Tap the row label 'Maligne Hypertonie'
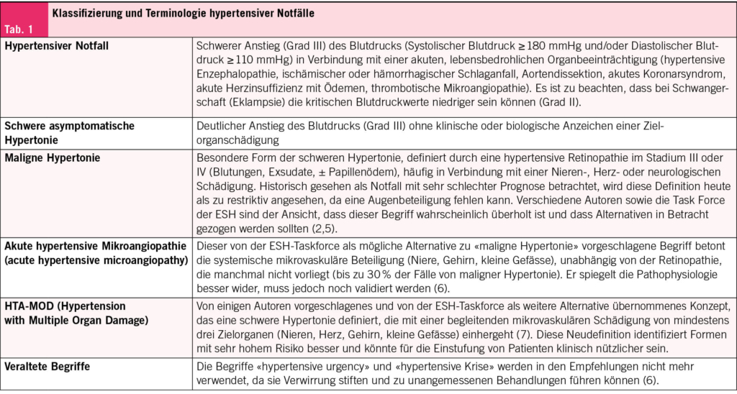pos(53,157)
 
